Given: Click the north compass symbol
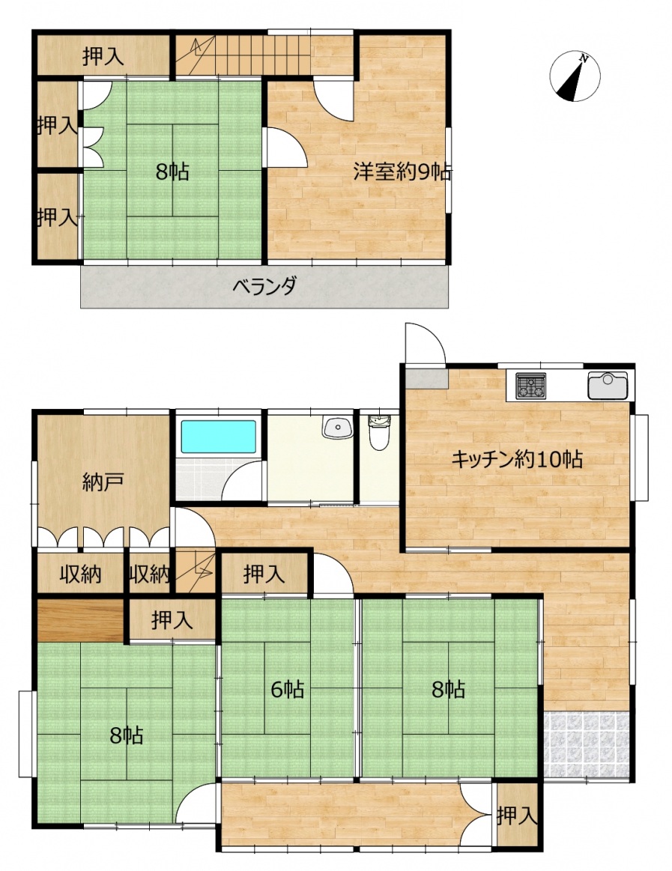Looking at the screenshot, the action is pyautogui.click(x=575, y=76).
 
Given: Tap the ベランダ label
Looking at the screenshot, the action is pyautogui.click(x=264, y=287).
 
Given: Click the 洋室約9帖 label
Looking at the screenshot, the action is pyautogui.click(x=402, y=172).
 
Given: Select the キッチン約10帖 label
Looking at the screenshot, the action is pyautogui.click(x=517, y=460).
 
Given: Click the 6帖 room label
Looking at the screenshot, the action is pyautogui.click(x=288, y=689).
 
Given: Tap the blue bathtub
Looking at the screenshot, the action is pyautogui.click(x=219, y=437).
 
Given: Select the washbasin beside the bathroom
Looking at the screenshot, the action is pyautogui.click(x=337, y=427).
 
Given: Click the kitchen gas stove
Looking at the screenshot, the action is pyautogui.click(x=531, y=386).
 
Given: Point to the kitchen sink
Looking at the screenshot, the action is pyautogui.click(x=608, y=385).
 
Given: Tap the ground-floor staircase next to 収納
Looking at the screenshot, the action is pyautogui.click(x=195, y=571).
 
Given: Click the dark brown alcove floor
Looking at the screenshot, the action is pyautogui.click(x=81, y=620).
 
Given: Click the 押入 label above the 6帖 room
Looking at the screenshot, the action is pyautogui.click(x=264, y=574).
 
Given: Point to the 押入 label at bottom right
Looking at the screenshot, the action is pyautogui.click(x=517, y=816).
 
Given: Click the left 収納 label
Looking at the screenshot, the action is pyautogui.click(x=81, y=574).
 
